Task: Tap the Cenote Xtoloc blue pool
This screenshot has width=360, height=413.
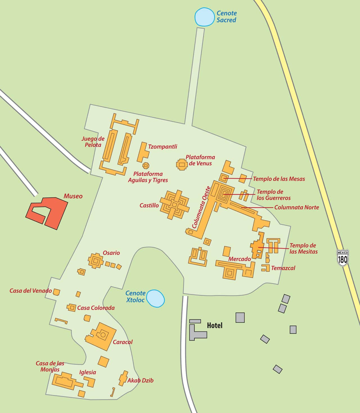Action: pos(156,298)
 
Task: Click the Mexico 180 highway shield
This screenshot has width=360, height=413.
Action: pos(343,257)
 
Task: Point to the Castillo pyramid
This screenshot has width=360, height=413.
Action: pos(175,205)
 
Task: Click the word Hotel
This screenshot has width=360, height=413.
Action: pos(215,326)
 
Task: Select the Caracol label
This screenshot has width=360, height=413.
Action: pos(122,342)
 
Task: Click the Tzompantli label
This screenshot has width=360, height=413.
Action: pos(163,147)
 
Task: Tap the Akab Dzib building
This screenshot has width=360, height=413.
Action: pos(123,378)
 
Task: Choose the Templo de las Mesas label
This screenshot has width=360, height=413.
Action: pos(279,179)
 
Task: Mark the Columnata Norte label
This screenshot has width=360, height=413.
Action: pos(296,207)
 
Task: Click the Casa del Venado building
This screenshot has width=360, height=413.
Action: pos(57,292)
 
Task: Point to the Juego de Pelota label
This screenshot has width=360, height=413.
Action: pos(93,142)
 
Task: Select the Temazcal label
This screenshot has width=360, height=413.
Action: pos(283,268)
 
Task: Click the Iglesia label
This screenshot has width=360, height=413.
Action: pos(87,372)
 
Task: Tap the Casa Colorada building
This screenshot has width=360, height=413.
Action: pos(71,307)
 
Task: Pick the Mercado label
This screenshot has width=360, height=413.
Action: pos(239,259)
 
